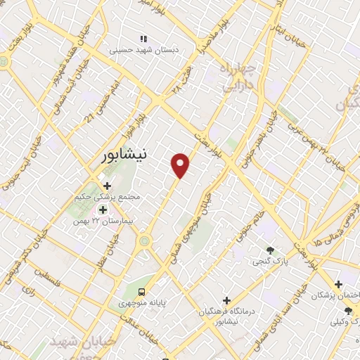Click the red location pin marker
point(181,165)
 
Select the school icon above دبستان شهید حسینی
point(143,39)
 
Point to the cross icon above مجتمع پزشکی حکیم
point(108,186)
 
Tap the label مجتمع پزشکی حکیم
point(108,197)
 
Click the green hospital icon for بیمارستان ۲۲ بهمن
point(103,210)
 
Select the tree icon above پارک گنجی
point(270,250)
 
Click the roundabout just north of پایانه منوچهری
point(146,242)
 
